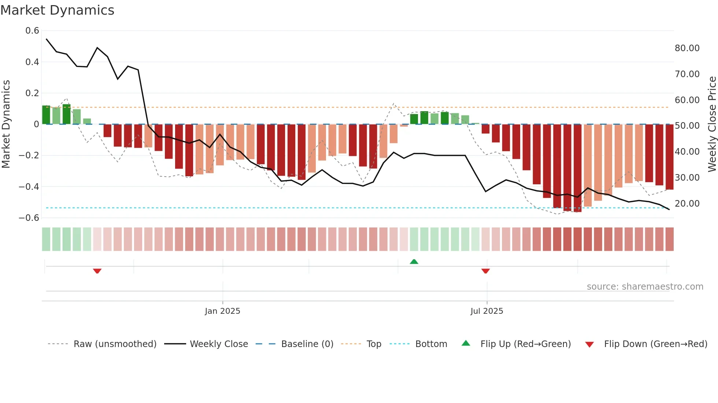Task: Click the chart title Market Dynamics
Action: pyautogui.click(x=57, y=10)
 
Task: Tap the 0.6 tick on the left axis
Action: pyautogui.click(x=32, y=31)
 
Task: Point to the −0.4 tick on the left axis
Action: pyautogui.click(x=29, y=187)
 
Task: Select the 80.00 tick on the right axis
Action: pyautogui.click(x=687, y=48)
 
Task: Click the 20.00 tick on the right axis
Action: pyautogui.click(x=687, y=204)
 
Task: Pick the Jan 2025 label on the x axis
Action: pyautogui.click(x=222, y=311)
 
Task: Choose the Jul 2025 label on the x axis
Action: pyautogui.click(x=486, y=311)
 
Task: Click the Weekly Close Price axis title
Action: pyautogui.click(x=712, y=124)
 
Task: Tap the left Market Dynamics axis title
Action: pyautogui.click(x=6, y=124)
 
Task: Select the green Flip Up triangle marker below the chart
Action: pyautogui.click(x=414, y=261)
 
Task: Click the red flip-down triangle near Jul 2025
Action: pyautogui.click(x=485, y=271)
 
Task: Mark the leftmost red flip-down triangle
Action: pyautogui.click(x=97, y=271)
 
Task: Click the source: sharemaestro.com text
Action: pyautogui.click(x=645, y=287)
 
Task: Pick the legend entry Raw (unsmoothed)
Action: pyautogui.click(x=115, y=344)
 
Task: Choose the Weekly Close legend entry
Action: pyautogui.click(x=219, y=344)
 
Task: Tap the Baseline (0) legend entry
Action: pyautogui.click(x=307, y=344)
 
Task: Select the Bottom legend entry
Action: pyautogui.click(x=431, y=344)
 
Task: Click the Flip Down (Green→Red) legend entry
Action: pyautogui.click(x=655, y=344)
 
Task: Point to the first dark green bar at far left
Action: pyautogui.click(x=46, y=115)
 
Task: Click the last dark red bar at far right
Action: pyautogui.click(x=669, y=157)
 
